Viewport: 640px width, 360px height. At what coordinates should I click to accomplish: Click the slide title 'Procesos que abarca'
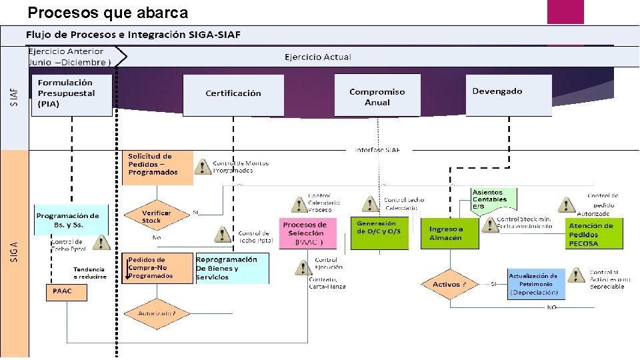(x=107, y=13)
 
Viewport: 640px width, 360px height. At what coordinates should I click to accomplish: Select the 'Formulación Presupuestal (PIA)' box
(x=72, y=95)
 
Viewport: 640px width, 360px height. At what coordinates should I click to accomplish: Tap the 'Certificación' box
(x=233, y=94)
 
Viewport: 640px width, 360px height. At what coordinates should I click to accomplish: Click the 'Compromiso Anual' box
(x=377, y=97)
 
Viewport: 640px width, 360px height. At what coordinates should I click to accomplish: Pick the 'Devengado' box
(x=511, y=95)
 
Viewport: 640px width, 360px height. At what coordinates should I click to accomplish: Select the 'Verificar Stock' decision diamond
(x=156, y=217)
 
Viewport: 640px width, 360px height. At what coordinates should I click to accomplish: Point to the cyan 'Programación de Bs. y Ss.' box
(x=71, y=220)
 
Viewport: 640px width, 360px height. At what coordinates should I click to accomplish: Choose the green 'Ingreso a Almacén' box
(x=449, y=233)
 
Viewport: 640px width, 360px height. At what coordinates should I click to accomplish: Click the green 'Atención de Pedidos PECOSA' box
(x=594, y=234)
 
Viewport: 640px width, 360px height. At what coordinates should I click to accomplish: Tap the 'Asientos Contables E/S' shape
(x=493, y=199)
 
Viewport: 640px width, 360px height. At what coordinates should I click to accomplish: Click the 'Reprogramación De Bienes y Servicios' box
(x=231, y=268)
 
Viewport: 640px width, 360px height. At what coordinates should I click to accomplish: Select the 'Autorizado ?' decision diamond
(x=156, y=313)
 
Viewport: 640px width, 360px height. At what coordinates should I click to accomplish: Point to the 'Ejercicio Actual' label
(x=317, y=57)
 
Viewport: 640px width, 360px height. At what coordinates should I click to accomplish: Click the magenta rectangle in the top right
(x=565, y=12)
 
